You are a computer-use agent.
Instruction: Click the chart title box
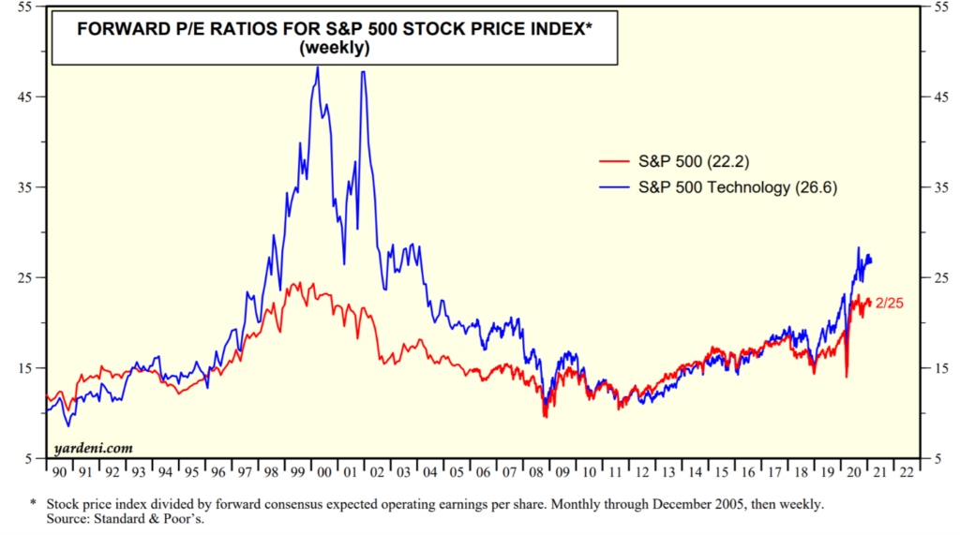click(335, 38)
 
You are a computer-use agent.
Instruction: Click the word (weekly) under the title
click(335, 49)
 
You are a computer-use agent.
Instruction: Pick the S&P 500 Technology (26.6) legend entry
click(735, 187)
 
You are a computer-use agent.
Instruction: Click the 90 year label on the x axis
click(59, 473)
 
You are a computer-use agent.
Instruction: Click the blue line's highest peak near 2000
click(318, 67)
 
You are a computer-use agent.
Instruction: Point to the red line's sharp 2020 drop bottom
click(847, 377)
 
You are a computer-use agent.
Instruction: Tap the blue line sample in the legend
click(614, 187)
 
